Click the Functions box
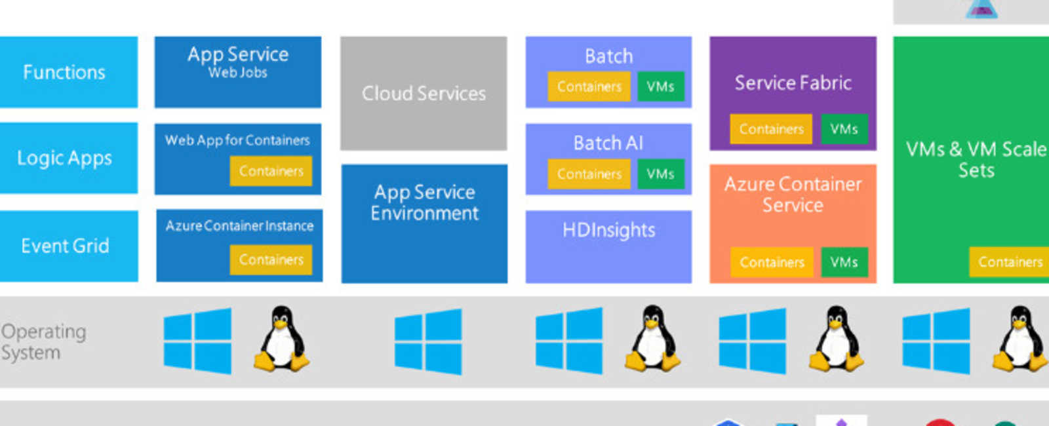64,72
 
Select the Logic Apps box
64,158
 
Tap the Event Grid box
65,246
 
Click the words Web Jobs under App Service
237,73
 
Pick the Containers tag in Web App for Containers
271,171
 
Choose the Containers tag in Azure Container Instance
271,260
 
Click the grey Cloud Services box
424,94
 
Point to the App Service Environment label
424,203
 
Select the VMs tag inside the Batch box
660,87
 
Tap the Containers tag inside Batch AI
589,174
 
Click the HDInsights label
608,230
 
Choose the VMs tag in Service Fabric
844,129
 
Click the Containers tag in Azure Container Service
772,262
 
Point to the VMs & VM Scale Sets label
976,159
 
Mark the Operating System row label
43,341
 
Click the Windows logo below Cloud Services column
428,341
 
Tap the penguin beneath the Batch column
652,339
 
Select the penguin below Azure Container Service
836,339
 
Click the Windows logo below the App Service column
197,341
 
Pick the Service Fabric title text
793,83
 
